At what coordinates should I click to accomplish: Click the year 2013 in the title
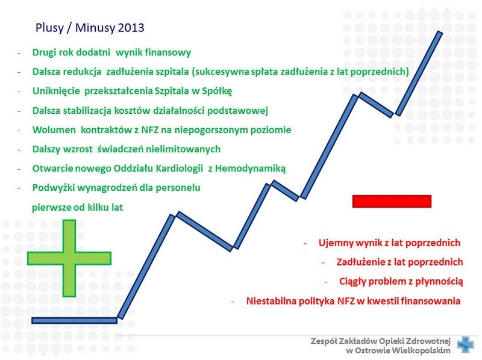click(x=131, y=28)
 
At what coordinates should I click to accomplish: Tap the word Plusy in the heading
click(x=49, y=28)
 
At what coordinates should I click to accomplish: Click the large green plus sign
click(x=69, y=258)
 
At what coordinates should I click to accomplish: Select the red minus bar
click(x=392, y=201)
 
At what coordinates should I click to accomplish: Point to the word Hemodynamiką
click(x=250, y=169)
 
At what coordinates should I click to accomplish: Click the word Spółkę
click(x=217, y=91)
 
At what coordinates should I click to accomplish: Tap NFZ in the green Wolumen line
click(x=149, y=129)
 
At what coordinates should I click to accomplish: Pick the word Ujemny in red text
click(x=335, y=243)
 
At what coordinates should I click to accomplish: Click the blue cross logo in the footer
click(x=465, y=344)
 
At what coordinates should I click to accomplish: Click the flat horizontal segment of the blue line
click(x=74, y=321)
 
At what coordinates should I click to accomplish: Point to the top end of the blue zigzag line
click(x=440, y=33)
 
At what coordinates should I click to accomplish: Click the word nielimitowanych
click(x=183, y=149)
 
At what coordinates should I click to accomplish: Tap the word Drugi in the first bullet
click(x=43, y=52)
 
